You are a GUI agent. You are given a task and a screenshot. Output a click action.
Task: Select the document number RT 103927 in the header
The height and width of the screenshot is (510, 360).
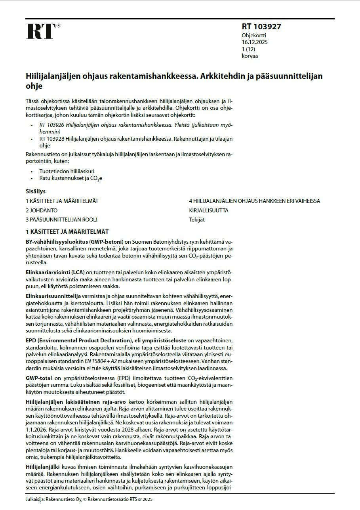(261, 27)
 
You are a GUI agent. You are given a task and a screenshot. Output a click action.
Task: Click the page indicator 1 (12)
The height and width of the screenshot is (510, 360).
(248, 49)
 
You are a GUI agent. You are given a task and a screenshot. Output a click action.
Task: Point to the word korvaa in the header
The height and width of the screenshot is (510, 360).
(250, 56)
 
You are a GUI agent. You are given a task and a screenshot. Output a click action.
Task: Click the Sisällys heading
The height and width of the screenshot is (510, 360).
(36, 191)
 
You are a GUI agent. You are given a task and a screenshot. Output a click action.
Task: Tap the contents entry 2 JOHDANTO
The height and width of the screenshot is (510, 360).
(42, 210)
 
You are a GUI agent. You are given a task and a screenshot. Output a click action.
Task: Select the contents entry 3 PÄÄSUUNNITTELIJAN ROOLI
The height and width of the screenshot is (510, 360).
(61, 220)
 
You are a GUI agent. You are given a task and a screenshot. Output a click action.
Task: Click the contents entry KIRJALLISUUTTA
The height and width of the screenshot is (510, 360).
(209, 210)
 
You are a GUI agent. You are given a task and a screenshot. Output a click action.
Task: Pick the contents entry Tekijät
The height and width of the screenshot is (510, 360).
(197, 220)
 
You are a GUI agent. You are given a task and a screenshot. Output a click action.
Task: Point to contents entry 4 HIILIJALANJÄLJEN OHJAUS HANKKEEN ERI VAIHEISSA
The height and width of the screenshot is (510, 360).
(255, 201)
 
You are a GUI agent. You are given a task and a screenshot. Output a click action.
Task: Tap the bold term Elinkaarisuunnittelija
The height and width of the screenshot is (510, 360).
(53, 296)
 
